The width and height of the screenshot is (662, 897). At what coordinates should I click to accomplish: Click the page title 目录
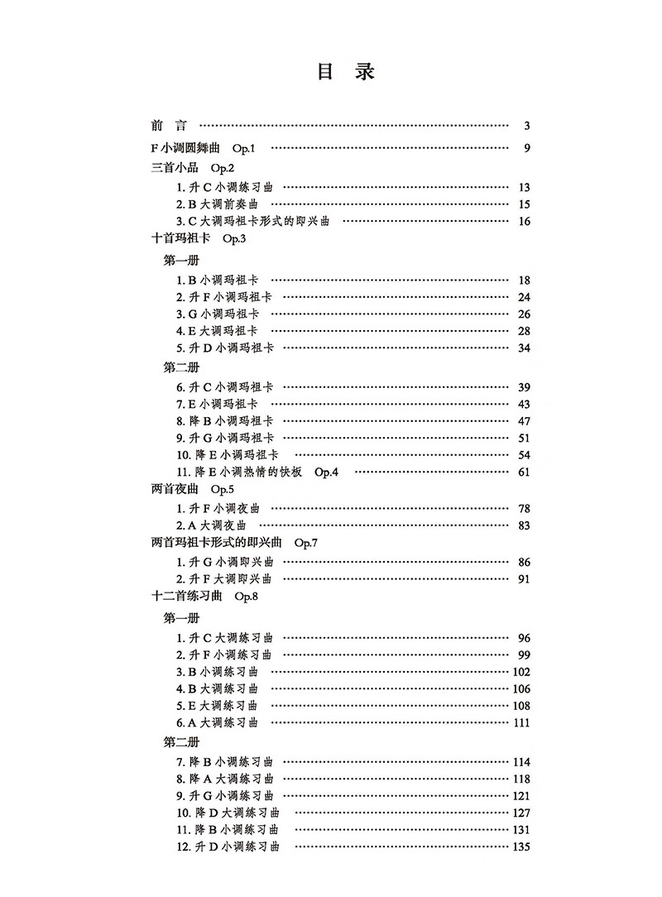coord(346,72)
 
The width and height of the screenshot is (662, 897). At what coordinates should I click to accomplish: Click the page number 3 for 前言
coord(526,127)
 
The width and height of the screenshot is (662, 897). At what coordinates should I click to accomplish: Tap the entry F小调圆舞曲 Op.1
coord(205,148)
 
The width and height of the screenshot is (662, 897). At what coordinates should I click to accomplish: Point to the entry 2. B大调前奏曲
coord(217,204)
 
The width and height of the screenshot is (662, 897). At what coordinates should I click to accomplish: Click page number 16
coord(523,221)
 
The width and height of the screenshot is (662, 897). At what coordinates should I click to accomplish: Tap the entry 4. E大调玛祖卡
coord(217,331)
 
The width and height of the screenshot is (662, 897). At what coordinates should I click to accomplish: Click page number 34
coord(523,348)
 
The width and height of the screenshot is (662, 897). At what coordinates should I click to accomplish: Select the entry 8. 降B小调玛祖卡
coord(224,421)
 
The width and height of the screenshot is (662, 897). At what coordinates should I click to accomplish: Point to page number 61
coord(523,472)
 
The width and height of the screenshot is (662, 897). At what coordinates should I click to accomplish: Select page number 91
coord(523,578)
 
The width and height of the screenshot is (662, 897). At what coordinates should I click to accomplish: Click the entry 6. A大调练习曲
coord(217,722)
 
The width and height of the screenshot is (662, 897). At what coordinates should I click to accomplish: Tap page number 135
coord(520,847)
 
